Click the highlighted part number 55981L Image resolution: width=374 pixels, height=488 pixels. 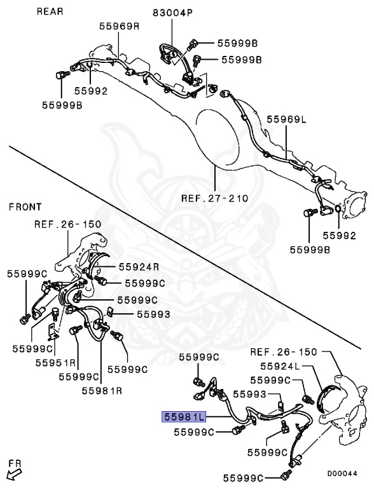click(x=184, y=416)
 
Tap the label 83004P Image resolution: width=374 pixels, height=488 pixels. click(x=172, y=13)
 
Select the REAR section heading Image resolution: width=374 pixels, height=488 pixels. click(x=50, y=11)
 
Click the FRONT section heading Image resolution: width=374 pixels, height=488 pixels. click(x=25, y=207)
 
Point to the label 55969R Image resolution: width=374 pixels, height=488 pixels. click(x=120, y=27)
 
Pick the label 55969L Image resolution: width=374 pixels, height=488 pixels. click(x=286, y=119)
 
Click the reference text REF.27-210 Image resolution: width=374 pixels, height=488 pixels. click(x=215, y=198)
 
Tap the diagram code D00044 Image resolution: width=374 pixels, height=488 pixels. click(x=342, y=473)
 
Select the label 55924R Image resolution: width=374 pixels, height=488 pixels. click(x=139, y=267)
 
